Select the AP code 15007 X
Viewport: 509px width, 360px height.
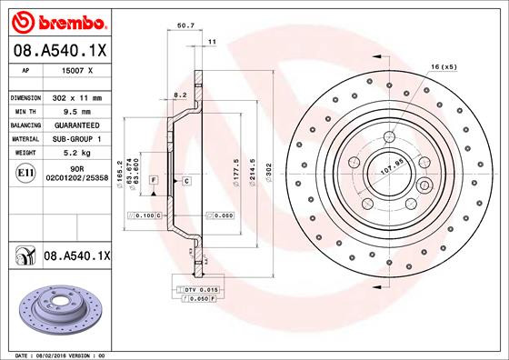coord(77,69)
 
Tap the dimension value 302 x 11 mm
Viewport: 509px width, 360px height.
coord(76,96)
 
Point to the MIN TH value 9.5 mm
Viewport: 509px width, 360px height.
coord(76,111)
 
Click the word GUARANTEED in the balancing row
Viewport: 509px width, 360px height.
coord(76,125)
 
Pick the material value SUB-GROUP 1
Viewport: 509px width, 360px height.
coord(76,139)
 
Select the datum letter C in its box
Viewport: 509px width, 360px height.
coord(185,182)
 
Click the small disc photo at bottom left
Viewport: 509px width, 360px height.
coord(56,308)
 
